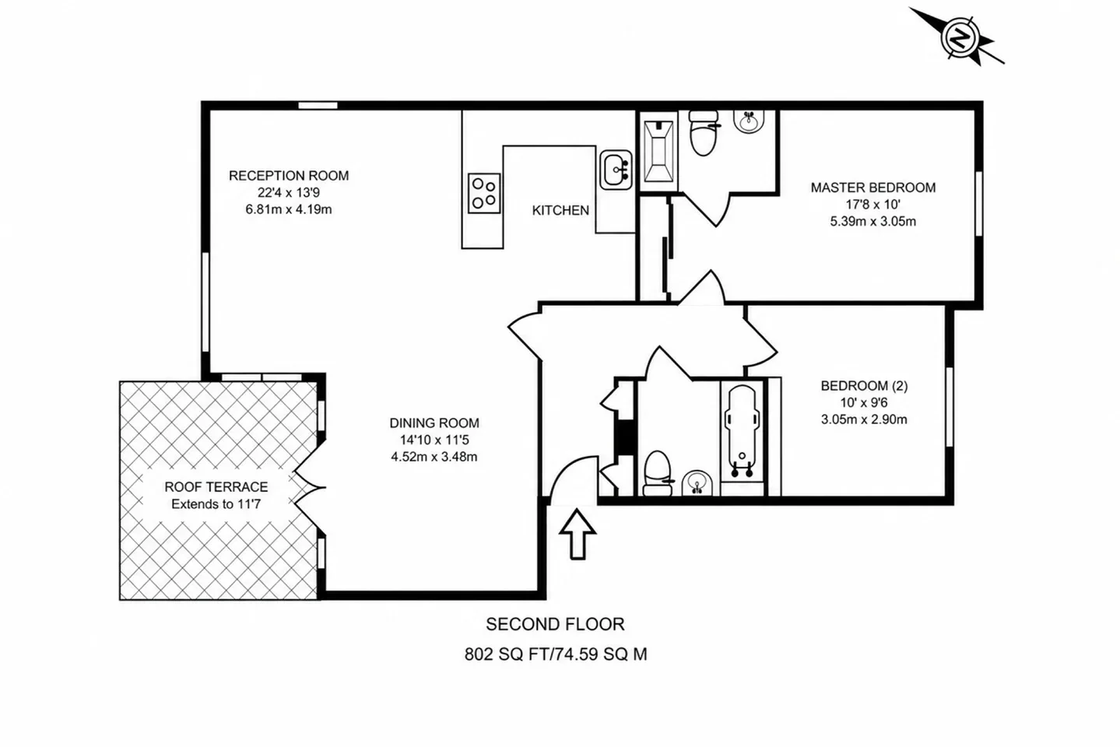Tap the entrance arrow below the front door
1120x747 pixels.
(x=578, y=534)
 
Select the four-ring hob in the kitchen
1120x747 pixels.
(x=484, y=193)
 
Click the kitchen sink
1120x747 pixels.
(x=616, y=170)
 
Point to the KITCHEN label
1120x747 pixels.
(x=560, y=211)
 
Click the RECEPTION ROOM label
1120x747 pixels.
(x=289, y=176)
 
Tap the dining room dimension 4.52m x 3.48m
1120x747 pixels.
(x=434, y=457)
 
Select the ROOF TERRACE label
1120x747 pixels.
(x=216, y=486)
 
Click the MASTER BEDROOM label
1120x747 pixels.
(x=873, y=188)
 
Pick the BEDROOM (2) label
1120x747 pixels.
(x=864, y=385)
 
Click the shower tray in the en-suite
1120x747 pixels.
(x=658, y=151)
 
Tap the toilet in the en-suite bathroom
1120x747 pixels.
(x=704, y=133)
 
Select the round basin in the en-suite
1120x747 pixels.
(x=749, y=121)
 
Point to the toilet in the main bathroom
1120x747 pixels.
(x=658, y=474)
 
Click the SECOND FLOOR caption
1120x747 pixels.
(x=555, y=625)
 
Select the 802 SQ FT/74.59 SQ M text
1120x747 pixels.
(x=556, y=654)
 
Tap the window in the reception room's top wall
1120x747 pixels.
(x=318, y=105)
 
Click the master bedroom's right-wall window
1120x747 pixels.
(x=978, y=204)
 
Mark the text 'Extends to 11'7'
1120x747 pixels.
(x=216, y=504)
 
